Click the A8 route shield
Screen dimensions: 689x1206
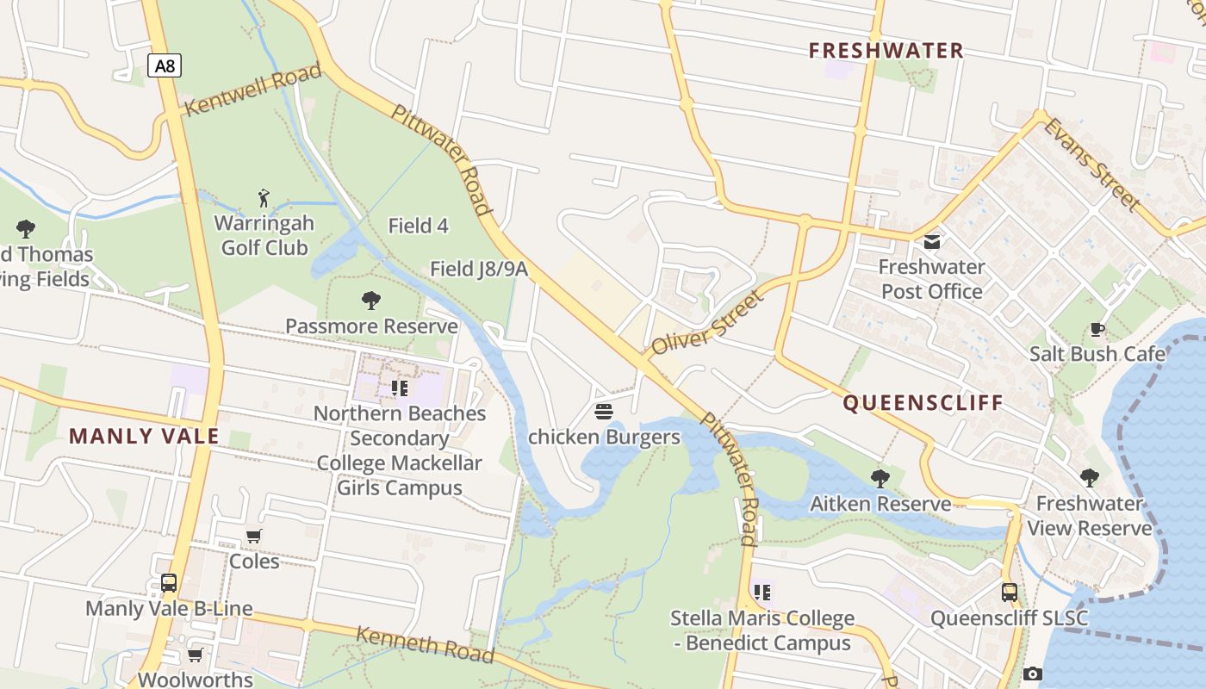(164, 65)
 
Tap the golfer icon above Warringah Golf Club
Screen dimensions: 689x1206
(264, 199)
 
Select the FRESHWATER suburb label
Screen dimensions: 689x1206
(886, 51)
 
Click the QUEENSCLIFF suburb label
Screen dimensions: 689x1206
(923, 403)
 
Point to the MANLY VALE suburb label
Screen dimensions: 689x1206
(144, 437)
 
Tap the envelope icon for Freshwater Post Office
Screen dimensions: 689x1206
(932, 242)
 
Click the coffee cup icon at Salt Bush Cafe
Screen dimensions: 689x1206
(1097, 329)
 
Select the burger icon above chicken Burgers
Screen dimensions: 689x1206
(603, 411)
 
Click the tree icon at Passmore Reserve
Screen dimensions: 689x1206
(371, 301)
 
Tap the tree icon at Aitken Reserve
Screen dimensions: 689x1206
(880, 478)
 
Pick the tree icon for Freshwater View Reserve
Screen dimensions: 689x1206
(1089, 477)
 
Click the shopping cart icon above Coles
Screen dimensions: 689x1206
(254, 536)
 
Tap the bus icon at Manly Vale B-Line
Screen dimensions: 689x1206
(169, 583)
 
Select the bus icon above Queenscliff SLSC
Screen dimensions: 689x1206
(1010, 593)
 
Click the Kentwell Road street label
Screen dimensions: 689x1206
(253, 90)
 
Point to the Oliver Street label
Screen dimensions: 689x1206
(707, 324)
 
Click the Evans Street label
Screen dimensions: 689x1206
(1092, 164)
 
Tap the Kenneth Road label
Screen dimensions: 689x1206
(426, 645)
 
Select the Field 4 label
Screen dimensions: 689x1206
(419, 226)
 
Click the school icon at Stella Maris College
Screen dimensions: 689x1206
(762, 593)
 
